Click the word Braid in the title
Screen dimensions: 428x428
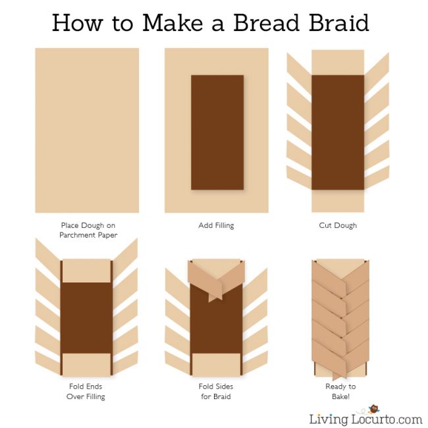pyautogui.click(x=339, y=22)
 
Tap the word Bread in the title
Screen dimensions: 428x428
pyautogui.click(x=267, y=22)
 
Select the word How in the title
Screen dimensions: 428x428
pyautogui.click(x=78, y=22)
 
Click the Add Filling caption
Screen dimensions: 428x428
pyautogui.click(x=216, y=225)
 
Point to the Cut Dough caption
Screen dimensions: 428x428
pyautogui.click(x=338, y=225)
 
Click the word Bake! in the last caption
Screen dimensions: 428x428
pyautogui.click(x=340, y=396)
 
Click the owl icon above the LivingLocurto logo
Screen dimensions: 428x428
pyautogui.click(x=373, y=409)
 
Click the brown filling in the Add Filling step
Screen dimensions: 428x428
pyautogui.click(x=217, y=132)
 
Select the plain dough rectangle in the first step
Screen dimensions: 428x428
pyautogui.click(x=87, y=130)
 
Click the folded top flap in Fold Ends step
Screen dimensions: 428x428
pyautogui.click(x=86, y=271)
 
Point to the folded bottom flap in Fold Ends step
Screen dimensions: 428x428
pyautogui.click(x=86, y=365)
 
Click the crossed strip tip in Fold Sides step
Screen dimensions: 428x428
pyautogui.click(x=215, y=297)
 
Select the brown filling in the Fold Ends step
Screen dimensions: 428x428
pyautogui.click(x=86, y=318)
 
